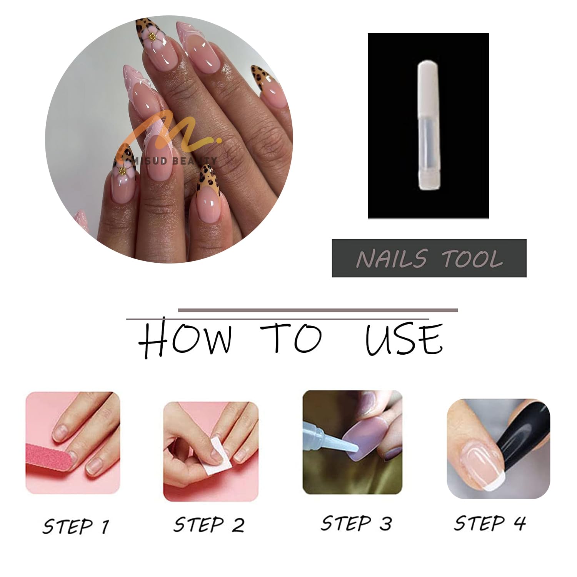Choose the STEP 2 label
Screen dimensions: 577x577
(x=209, y=525)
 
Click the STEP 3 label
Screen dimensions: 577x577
(x=356, y=523)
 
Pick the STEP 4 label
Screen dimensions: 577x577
(x=490, y=523)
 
